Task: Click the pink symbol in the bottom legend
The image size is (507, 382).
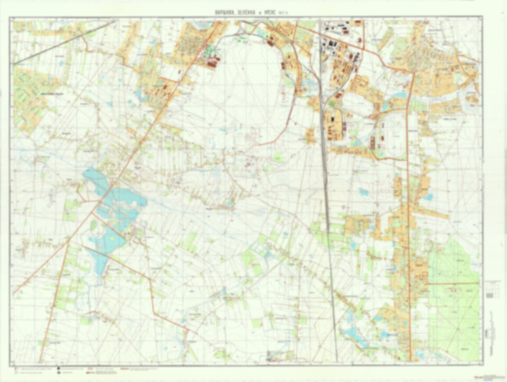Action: [x=15, y=369]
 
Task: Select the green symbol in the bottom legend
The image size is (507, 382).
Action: [x=15, y=373]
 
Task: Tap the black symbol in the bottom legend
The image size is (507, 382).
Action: [x=59, y=369]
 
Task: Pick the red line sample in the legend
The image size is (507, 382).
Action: [x=125, y=369]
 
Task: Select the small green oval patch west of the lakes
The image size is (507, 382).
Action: [x=93, y=225]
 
